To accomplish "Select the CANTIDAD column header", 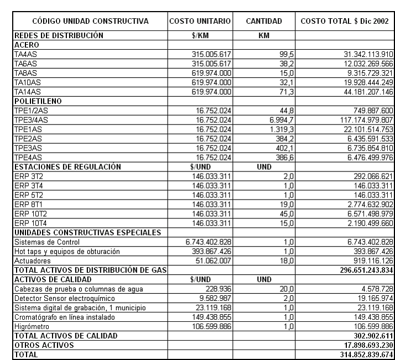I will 264,22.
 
